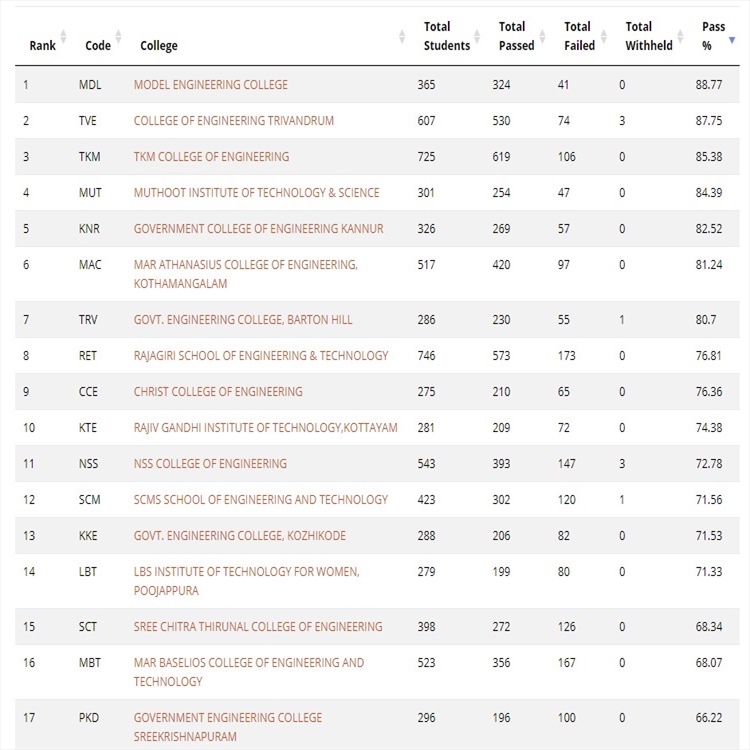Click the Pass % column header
coord(713,36)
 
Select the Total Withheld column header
coord(648,36)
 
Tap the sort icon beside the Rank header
coord(63,38)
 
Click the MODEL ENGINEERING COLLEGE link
coord(210,85)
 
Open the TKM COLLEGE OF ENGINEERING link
coord(211,157)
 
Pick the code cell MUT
coord(90,193)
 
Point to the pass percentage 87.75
coord(708,121)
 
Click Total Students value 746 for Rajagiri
coord(427,356)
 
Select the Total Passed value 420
coord(501,265)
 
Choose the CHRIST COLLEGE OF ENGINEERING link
coord(218,392)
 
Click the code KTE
coord(89,428)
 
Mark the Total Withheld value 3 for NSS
coord(622,464)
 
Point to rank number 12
coord(29,500)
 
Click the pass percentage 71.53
coord(708,536)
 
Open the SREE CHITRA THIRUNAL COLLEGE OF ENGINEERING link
coord(258,627)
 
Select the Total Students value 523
coord(427,663)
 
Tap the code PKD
coord(89,718)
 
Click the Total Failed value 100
coord(568,718)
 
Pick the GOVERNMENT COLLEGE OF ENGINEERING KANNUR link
coord(258,229)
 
